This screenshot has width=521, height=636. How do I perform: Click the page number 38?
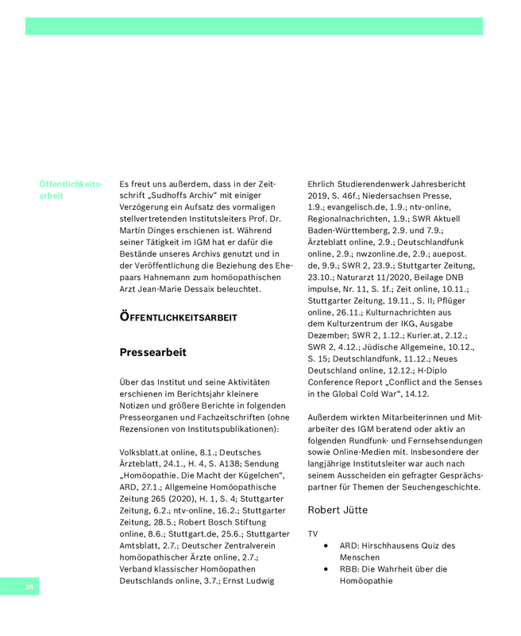[x=29, y=587]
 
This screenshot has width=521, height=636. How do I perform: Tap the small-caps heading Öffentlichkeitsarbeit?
[x=178, y=317]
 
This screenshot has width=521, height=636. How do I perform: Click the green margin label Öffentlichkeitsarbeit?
[x=70, y=189]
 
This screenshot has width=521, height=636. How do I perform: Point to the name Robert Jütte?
[x=338, y=509]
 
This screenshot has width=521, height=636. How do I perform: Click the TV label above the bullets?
[x=312, y=533]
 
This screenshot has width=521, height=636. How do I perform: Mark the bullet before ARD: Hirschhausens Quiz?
[x=326, y=546]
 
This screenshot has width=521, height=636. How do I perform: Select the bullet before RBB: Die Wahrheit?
[x=326, y=569]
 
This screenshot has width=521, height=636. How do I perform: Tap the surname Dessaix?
[x=231, y=289]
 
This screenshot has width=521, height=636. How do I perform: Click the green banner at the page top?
[x=254, y=26]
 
